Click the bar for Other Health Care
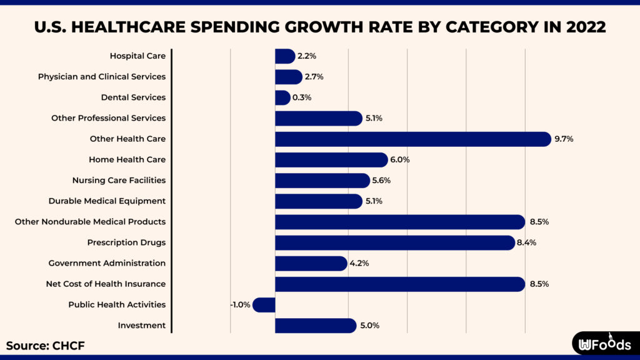click(x=412, y=139)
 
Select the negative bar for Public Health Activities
click(x=264, y=305)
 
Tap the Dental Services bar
click(x=282, y=97)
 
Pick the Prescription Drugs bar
click(x=394, y=242)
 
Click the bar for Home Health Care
click(x=331, y=159)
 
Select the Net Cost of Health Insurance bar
click(x=400, y=284)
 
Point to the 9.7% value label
click(x=563, y=139)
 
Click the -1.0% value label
click(x=240, y=305)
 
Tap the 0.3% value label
click(x=302, y=97)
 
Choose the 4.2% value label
click(x=359, y=263)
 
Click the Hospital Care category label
click(x=137, y=56)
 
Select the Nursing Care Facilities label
click(x=119, y=180)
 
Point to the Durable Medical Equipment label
click(x=107, y=201)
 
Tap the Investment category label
click(x=141, y=325)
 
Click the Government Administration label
click(x=107, y=263)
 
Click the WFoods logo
click(x=605, y=344)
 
